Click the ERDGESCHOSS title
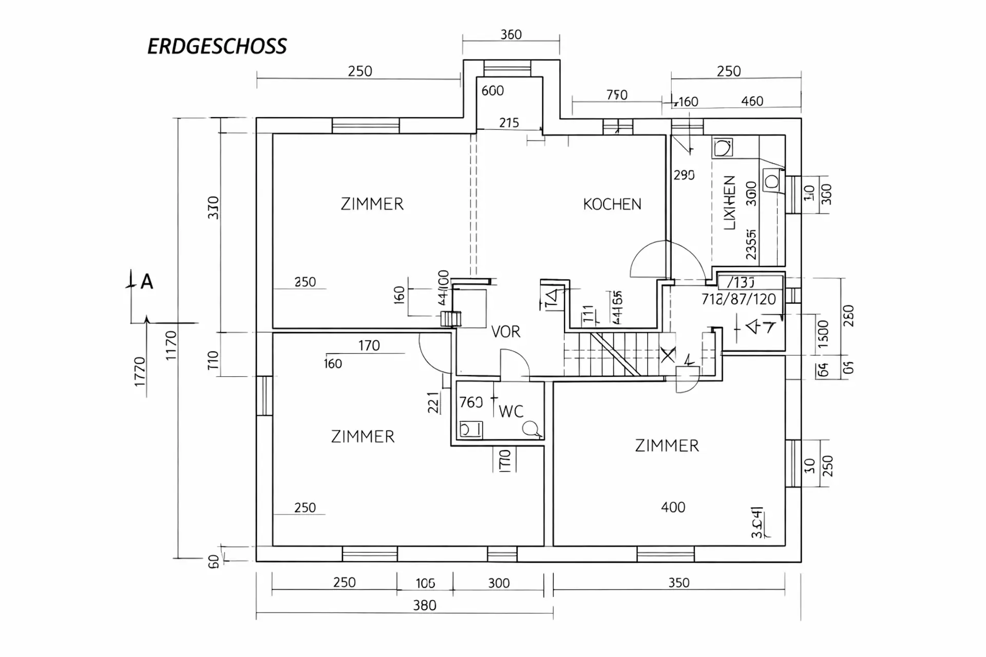tap(217, 47)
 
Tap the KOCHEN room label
tap(612, 204)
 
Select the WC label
tap(511, 411)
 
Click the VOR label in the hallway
tap(506, 332)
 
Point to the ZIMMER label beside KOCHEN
tap(372, 204)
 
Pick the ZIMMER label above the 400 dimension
tap(667, 446)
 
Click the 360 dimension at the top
tap(511, 34)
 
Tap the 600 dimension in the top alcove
tap(492, 91)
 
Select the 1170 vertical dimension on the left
tap(171, 345)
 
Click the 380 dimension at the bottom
tap(425, 606)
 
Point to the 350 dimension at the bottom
tap(678, 583)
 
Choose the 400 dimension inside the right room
tap(673, 508)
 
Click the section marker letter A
tap(147, 282)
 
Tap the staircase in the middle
tap(614, 354)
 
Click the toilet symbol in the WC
tap(531, 429)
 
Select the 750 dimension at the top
tap(617, 95)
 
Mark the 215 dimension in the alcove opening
tap(509, 123)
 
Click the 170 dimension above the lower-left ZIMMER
tap(369, 345)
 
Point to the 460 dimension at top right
tap(752, 101)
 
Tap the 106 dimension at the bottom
tap(425, 583)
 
